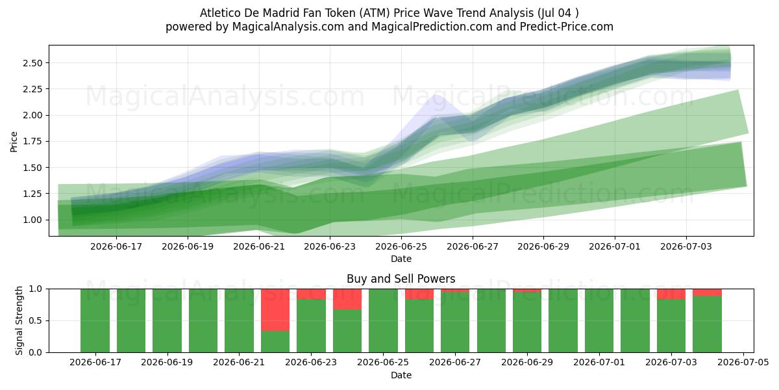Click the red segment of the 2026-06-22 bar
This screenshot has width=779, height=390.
point(275,309)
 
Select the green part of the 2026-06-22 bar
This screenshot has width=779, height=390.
point(275,341)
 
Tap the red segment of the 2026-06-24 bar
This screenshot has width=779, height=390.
point(347,299)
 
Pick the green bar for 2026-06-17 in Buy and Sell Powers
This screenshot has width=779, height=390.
point(95,320)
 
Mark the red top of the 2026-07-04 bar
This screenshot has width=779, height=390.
point(707,292)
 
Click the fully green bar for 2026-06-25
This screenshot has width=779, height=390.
point(383,320)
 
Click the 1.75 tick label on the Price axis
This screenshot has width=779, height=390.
point(32,142)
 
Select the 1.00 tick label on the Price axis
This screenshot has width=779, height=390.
point(32,220)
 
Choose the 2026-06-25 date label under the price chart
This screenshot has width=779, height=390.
point(401,246)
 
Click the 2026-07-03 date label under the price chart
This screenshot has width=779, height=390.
point(686,246)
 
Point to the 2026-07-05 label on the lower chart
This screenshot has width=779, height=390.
point(743,363)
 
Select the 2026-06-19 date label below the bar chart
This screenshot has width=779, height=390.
point(167,363)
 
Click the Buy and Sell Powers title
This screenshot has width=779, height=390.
point(401,279)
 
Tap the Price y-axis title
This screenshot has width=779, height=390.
point(14,142)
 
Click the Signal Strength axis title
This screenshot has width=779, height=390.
point(19,320)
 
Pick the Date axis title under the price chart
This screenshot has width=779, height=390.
point(401,259)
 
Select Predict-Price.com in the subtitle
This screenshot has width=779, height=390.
point(567,27)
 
